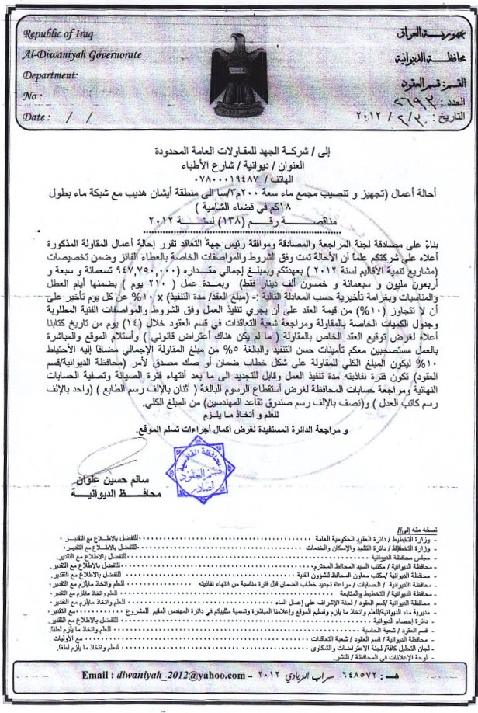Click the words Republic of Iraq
tap(56, 35)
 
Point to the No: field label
tap(32, 96)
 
